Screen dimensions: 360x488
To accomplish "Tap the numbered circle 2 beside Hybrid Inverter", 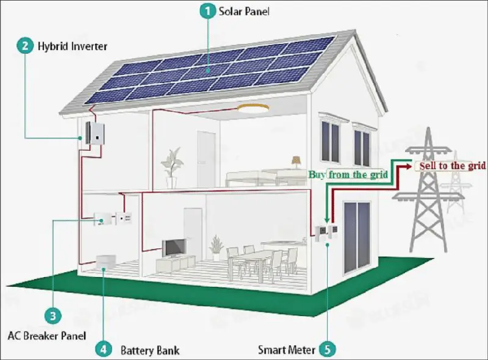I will [x=25, y=45].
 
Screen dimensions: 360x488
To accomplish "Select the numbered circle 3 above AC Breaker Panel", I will [x=54, y=315].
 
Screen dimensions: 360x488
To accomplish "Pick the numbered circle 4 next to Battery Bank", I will [x=104, y=350].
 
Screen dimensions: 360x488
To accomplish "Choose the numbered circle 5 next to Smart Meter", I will [x=328, y=350].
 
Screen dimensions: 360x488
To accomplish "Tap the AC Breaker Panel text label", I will [x=47, y=335].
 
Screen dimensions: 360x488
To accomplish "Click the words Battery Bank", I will [x=150, y=350].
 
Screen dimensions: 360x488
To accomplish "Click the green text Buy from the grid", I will [x=348, y=175].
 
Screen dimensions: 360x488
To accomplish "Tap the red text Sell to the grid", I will [x=452, y=166].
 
